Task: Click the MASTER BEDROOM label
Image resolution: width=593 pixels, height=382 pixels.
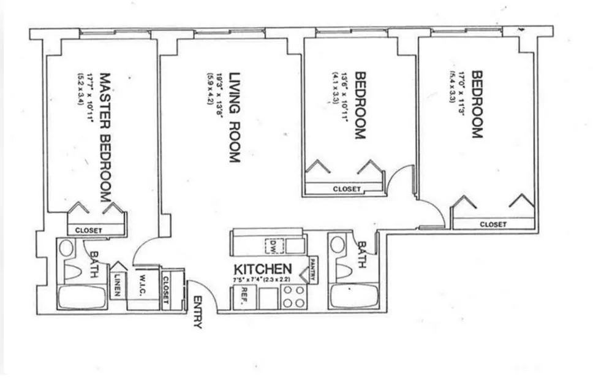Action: (x=105, y=139)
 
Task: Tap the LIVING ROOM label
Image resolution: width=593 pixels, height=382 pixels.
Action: (x=234, y=117)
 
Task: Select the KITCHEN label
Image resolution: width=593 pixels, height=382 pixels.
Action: (x=262, y=269)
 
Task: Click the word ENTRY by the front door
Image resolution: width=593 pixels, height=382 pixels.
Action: (x=197, y=312)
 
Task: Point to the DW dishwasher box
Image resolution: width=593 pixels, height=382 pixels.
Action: (x=273, y=246)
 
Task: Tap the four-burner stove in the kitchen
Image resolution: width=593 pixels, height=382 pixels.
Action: (x=293, y=297)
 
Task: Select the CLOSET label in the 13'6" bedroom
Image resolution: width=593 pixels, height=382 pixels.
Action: (x=347, y=189)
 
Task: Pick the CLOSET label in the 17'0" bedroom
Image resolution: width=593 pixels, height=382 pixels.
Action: (x=493, y=224)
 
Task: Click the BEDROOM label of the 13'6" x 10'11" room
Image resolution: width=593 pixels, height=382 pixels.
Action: (x=361, y=105)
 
